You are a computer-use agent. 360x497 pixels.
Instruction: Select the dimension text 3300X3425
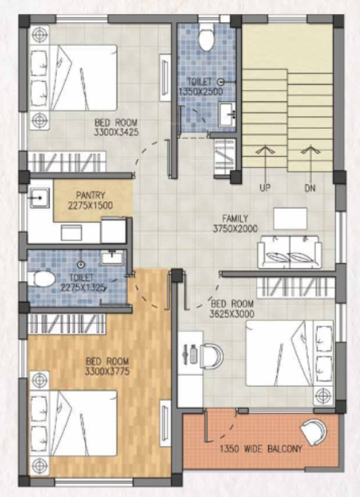pos(116,132)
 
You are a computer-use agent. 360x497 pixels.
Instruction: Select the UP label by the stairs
pos(264,189)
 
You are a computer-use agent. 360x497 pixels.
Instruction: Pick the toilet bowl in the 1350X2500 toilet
pos(206,33)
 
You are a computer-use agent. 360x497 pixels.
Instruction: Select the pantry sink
pos(39,199)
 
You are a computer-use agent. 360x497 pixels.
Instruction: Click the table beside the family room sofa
pos(290,217)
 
